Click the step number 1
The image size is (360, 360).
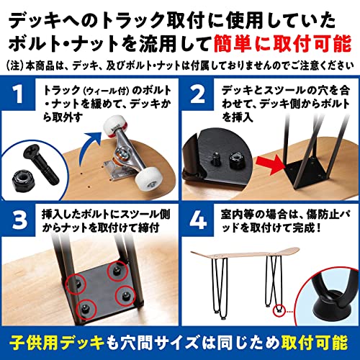click(x=18, y=94)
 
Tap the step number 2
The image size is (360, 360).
click(x=197, y=94)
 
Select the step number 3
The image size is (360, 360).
click(x=19, y=220)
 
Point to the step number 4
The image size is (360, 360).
click(x=198, y=220)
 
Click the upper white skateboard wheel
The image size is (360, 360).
click(x=114, y=127)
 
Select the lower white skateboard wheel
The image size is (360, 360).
click(x=147, y=179)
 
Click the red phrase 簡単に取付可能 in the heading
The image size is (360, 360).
click(x=282, y=44)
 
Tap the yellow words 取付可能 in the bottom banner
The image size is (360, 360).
click(x=315, y=343)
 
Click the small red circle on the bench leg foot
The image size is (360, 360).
click(x=279, y=310)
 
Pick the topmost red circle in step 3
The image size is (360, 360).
click(x=117, y=271)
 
